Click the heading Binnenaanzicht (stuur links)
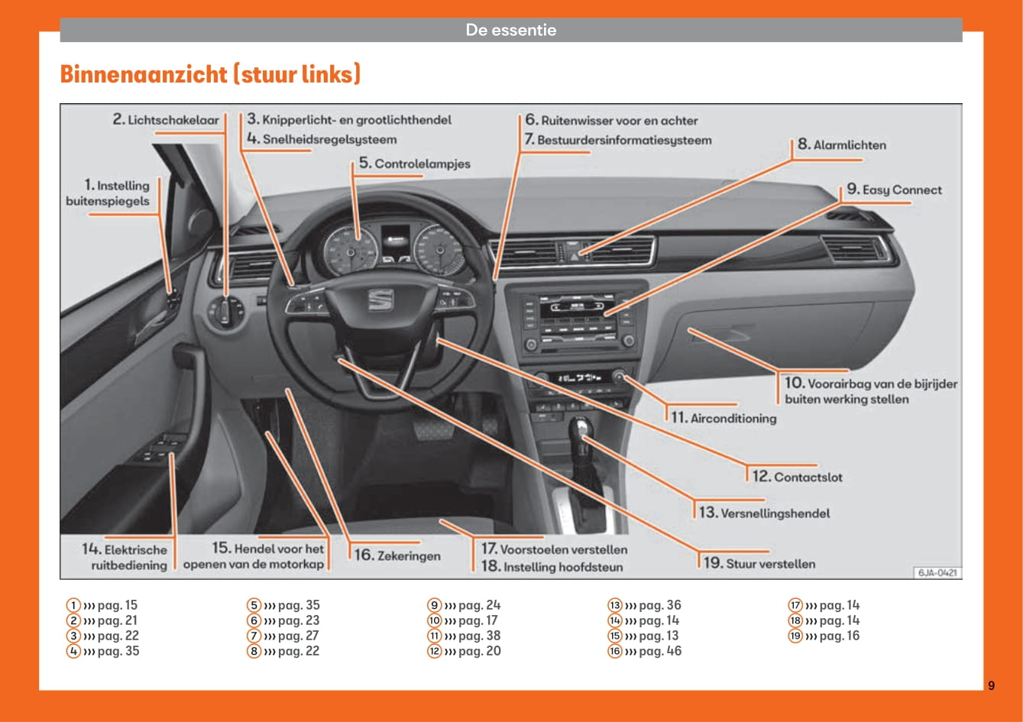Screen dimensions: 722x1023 point(210,75)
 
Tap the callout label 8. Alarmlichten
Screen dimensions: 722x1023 point(841,144)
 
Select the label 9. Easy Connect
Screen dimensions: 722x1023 point(894,190)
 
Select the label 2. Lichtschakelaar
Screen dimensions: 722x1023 point(166,120)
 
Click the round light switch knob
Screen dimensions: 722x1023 point(225,311)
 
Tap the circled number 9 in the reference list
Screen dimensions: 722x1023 point(435,605)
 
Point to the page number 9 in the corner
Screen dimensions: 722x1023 point(991,685)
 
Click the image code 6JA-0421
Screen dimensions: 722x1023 point(937,572)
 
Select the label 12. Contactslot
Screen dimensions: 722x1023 point(798,477)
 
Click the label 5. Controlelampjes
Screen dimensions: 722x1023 point(415,164)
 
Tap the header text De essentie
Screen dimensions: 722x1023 point(511,31)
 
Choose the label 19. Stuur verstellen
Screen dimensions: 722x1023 point(759,564)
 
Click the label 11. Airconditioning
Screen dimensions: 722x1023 point(724,418)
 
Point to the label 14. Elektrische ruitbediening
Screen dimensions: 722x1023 point(125,557)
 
